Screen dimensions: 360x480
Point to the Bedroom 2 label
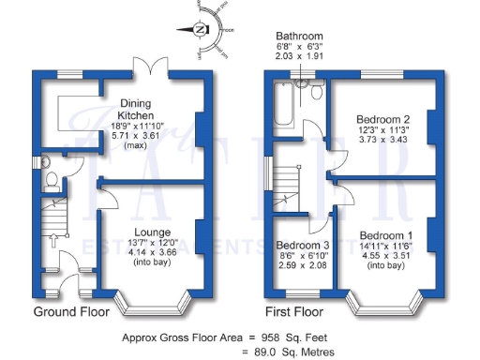click(383, 119)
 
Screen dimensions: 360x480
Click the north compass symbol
click(202, 30)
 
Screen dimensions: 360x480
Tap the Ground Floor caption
click(68, 311)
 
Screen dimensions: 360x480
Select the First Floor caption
click(295, 311)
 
